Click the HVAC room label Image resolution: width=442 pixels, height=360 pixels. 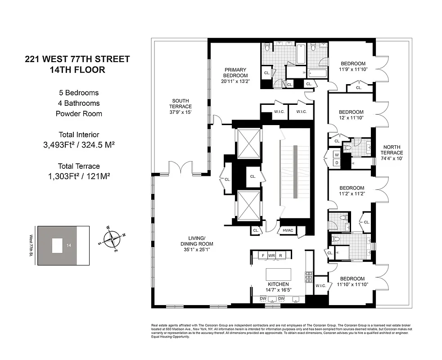[288, 230]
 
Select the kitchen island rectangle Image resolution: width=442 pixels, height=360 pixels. [278, 274]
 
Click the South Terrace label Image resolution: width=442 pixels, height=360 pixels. [180, 106]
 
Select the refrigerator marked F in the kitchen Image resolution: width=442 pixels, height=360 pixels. [263, 255]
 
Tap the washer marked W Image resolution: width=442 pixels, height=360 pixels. [336, 155]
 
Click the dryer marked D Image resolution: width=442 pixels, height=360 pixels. [336, 163]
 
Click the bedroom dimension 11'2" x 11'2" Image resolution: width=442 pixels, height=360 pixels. [352, 194]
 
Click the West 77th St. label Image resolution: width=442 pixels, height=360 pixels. [31, 245]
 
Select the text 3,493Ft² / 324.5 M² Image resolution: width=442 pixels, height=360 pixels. [79, 145]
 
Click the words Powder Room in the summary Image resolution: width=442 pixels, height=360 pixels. [79, 113]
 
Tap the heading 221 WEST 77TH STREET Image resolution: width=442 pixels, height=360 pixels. [77, 59]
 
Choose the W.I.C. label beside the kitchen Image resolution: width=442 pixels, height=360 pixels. [321, 285]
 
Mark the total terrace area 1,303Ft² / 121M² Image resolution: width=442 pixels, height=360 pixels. [79, 176]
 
